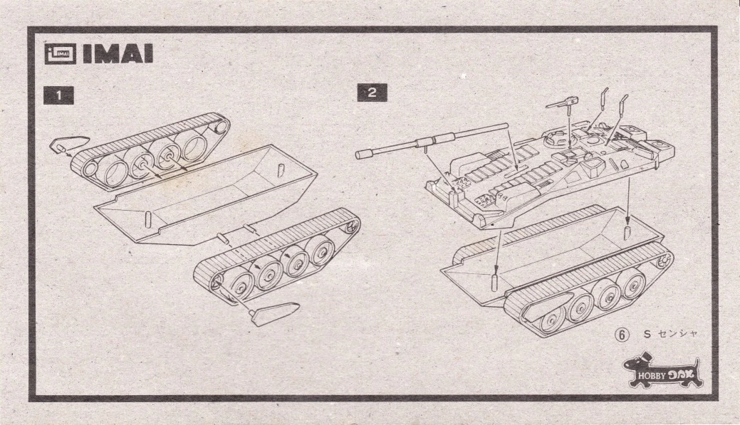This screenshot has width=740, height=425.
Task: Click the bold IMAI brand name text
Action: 118,54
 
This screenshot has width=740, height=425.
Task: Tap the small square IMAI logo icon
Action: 60,54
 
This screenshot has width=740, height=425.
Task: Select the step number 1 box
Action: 58,95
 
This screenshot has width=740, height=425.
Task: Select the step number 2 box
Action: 372,93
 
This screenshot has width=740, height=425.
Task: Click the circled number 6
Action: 622,335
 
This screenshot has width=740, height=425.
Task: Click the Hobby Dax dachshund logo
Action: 662,370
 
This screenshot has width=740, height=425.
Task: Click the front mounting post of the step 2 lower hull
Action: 495,282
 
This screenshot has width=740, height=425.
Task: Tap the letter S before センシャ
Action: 647,334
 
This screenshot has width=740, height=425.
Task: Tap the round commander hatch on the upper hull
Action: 555,139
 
